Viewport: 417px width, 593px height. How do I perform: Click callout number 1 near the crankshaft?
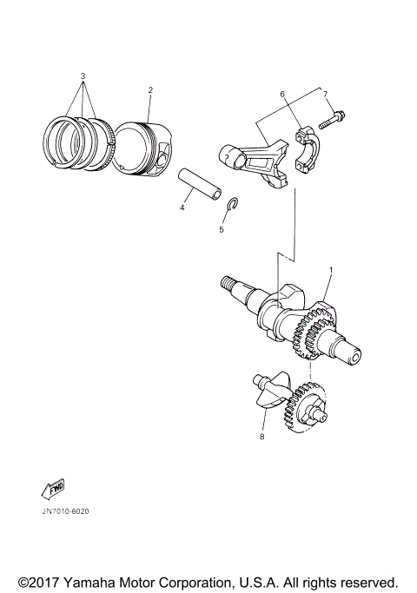330,271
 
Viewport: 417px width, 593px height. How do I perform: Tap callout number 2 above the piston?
149,89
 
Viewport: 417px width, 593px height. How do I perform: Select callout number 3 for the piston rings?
83,76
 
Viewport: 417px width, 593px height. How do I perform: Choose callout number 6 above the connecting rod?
281,93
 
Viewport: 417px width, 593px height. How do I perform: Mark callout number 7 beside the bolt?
325,93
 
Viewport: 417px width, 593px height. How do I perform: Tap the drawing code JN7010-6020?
65,511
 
